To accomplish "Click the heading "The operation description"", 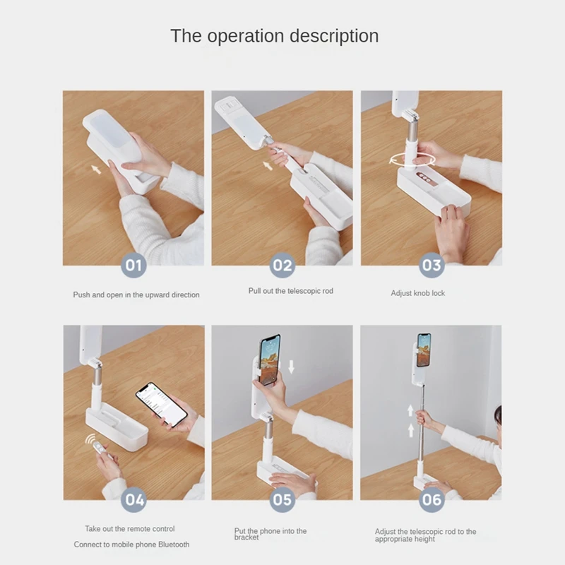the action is pyautogui.click(x=274, y=36).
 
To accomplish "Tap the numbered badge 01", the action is pyautogui.click(x=133, y=266).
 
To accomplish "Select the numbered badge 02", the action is pyautogui.click(x=282, y=266).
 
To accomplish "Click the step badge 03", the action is pyautogui.click(x=432, y=266).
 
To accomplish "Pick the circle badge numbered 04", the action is pyautogui.click(x=133, y=499).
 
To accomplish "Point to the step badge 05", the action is pyautogui.click(x=282, y=499).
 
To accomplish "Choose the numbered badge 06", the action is pyautogui.click(x=432, y=499).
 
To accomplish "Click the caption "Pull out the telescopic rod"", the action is pyautogui.click(x=291, y=291).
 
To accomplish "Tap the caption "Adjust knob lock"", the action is pyautogui.click(x=418, y=293).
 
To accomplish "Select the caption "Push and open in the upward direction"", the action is pyautogui.click(x=136, y=295).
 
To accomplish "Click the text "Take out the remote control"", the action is pyautogui.click(x=130, y=528).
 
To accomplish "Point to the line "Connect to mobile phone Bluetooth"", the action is pyautogui.click(x=131, y=545).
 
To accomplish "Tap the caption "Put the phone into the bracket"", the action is pyautogui.click(x=270, y=534).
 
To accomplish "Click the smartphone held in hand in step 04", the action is pyautogui.click(x=162, y=404).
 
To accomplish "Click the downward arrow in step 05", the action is pyautogui.click(x=292, y=366).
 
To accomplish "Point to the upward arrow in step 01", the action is pyautogui.click(x=96, y=169).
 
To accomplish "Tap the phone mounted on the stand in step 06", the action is pyautogui.click(x=424, y=350).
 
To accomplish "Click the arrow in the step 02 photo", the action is pyautogui.click(x=268, y=165).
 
